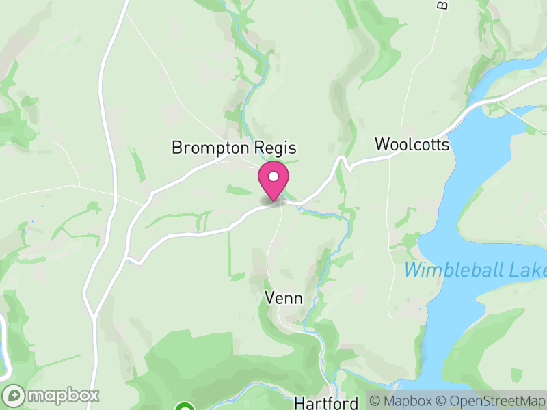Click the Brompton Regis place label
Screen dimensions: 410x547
coord(235,148)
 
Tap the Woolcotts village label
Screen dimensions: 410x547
coord(412,145)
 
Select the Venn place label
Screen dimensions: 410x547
coord(284,298)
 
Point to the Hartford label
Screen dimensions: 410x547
coord(326,403)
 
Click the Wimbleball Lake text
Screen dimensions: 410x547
coord(475,269)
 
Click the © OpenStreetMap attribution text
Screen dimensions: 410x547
coord(491,401)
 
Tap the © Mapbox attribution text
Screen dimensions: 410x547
coord(402,401)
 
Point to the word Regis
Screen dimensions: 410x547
coord(278,148)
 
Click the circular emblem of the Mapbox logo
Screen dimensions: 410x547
coord(14,395)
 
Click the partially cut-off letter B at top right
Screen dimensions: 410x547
coord(442,5)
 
